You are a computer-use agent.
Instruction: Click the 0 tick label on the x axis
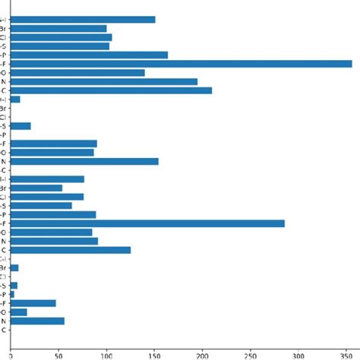pos(11,353)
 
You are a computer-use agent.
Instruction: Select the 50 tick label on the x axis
pos(58,353)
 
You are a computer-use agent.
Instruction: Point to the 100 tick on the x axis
pos(106,353)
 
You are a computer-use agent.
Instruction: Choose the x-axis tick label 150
pos(154,353)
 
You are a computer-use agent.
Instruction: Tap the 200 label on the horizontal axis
pos(202,353)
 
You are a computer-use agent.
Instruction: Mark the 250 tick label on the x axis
pos(250,353)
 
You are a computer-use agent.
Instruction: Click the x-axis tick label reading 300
pos(298,353)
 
